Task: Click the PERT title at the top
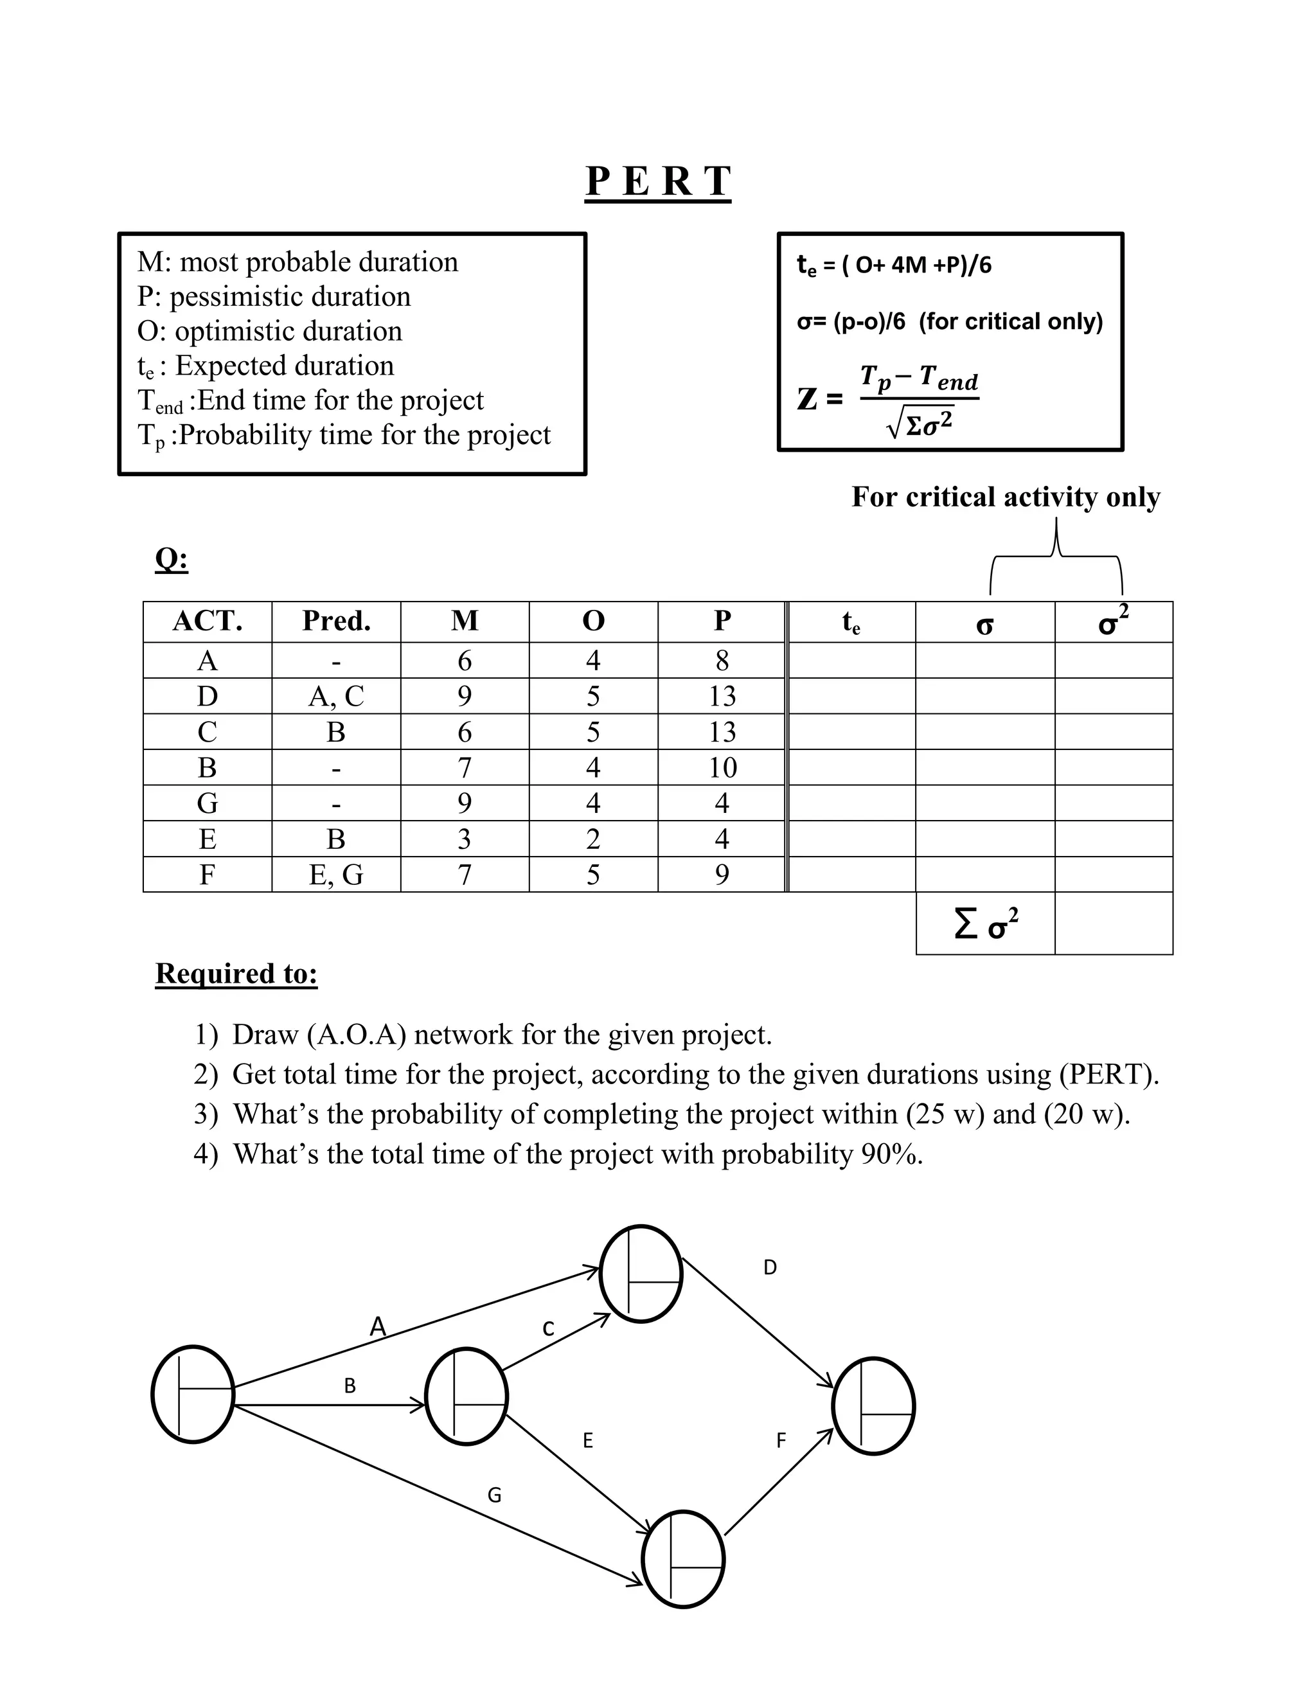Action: [x=658, y=182]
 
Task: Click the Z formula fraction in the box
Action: [x=918, y=399]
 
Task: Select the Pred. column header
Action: [x=336, y=621]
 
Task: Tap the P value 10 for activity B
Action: [x=722, y=767]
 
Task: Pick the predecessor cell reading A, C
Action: [x=336, y=695]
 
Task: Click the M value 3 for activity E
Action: [x=465, y=839]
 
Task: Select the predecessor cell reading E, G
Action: [x=336, y=875]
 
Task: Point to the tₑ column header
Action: [x=851, y=622]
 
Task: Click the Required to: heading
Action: [x=236, y=973]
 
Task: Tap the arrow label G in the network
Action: [x=494, y=1495]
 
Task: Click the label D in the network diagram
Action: [x=769, y=1267]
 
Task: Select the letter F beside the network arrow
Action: [x=781, y=1440]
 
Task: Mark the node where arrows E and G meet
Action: [x=683, y=1559]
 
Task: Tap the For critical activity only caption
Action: [x=1005, y=497]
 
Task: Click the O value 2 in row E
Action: [x=593, y=839]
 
